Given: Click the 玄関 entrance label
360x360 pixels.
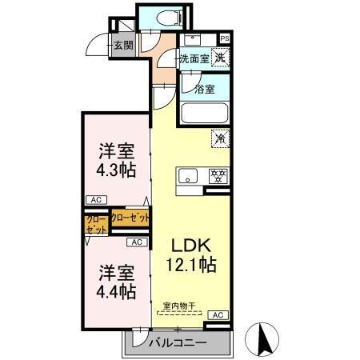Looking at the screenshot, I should [123, 46].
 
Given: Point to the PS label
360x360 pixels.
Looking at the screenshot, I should [225, 37].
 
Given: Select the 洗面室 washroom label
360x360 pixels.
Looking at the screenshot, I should [194, 58].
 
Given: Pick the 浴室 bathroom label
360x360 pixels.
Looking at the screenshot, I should [205, 89].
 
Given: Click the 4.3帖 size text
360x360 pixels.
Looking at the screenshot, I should [117, 170].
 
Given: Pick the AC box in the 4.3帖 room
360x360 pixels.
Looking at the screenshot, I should [95, 200].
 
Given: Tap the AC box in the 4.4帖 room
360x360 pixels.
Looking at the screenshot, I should [136, 242].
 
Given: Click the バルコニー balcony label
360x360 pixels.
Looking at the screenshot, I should [178, 342].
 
